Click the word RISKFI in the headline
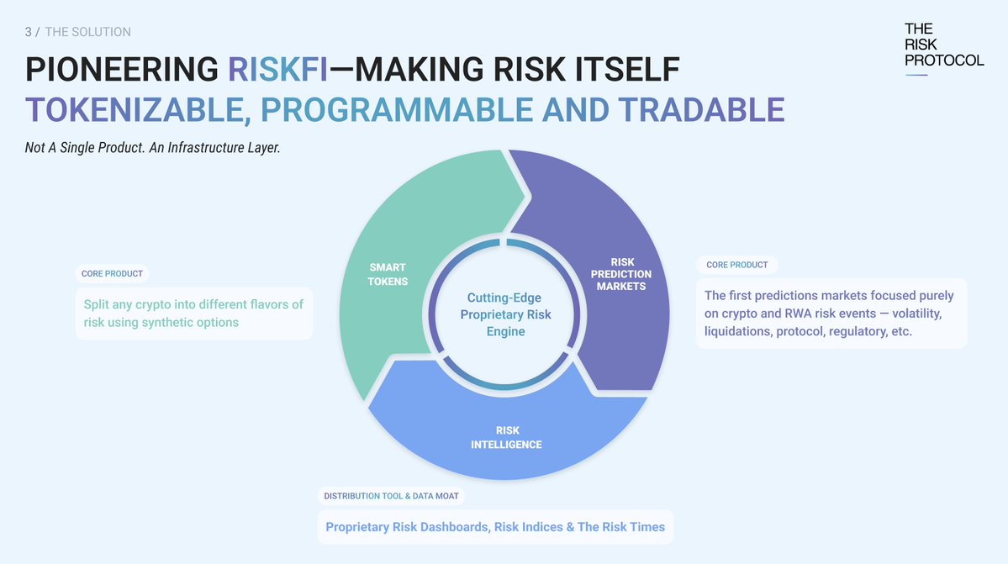(x=278, y=69)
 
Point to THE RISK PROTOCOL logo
(x=943, y=45)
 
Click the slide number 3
(x=29, y=32)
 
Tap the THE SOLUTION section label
(x=87, y=32)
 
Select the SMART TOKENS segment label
(x=388, y=274)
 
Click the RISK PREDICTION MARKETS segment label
(x=622, y=274)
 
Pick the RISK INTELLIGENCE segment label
(x=507, y=438)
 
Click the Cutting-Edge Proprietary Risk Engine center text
(x=504, y=314)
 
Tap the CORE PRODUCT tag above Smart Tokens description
(x=112, y=273)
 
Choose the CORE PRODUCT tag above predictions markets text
(x=736, y=265)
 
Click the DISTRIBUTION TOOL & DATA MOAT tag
(x=392, y=496)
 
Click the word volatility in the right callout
(x=913, y=314)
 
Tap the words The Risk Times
(x=621, y=527)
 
